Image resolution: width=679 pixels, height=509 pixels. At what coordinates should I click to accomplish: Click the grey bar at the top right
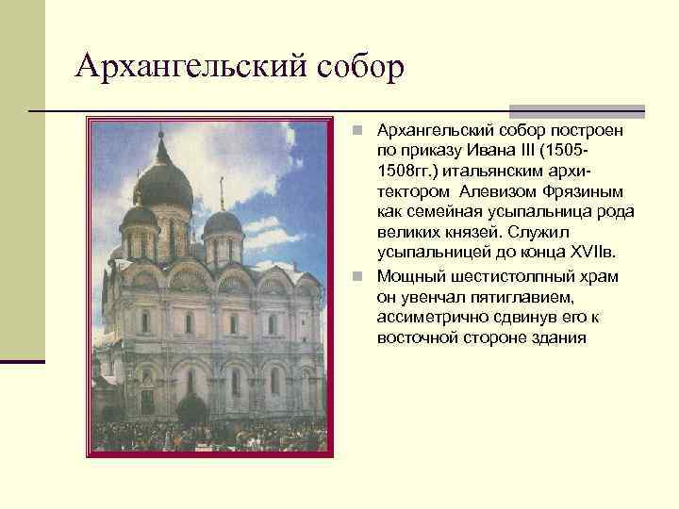click(576, 111)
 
